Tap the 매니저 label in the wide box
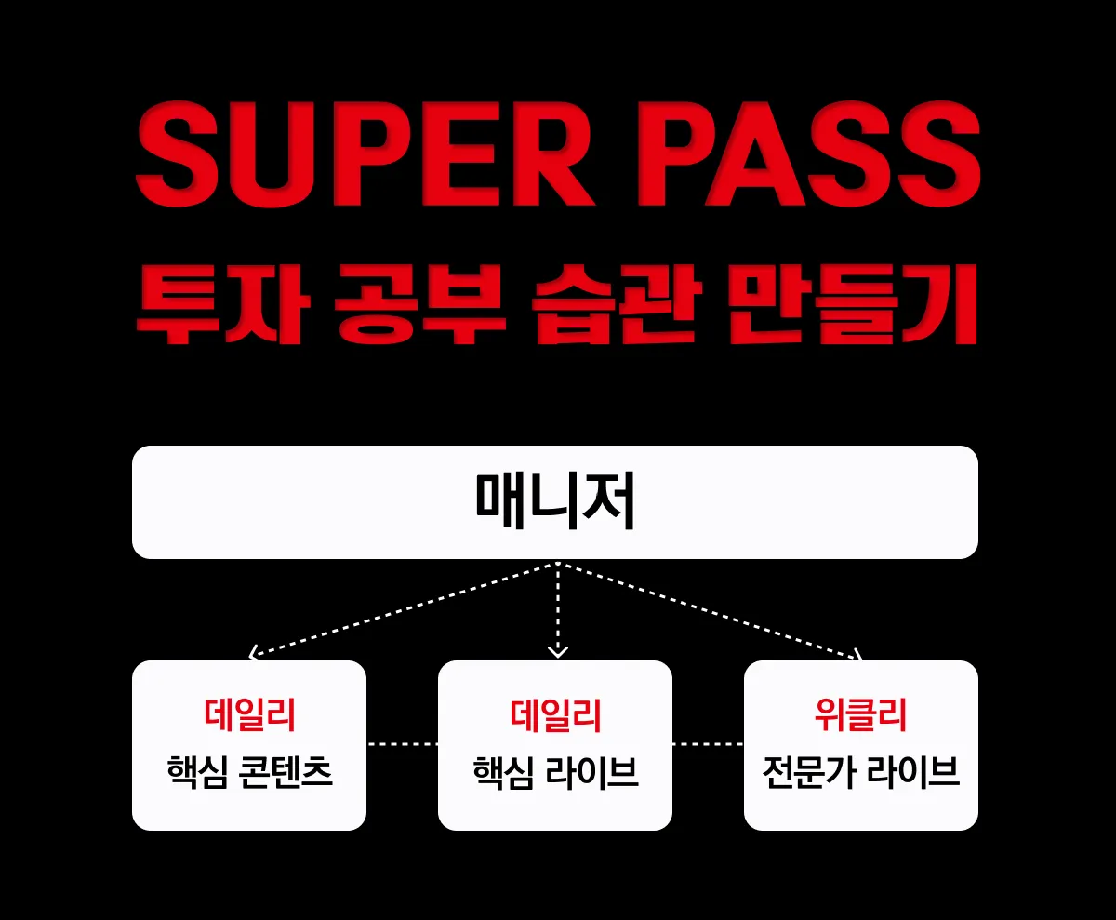[x=555, y=502]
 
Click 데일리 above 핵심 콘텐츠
[x=249, y=715]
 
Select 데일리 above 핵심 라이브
[x=555, y=715]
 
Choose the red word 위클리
[x=860, y=715]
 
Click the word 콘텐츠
[x=280, y=772]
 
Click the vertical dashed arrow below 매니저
[x=557, y=609]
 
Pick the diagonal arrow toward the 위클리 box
[x=711, y=610]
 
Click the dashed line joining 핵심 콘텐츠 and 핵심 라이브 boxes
[x=402, y=744]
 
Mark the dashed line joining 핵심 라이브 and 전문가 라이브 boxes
[x=708, y=744]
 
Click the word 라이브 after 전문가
[x=913, y=772]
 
